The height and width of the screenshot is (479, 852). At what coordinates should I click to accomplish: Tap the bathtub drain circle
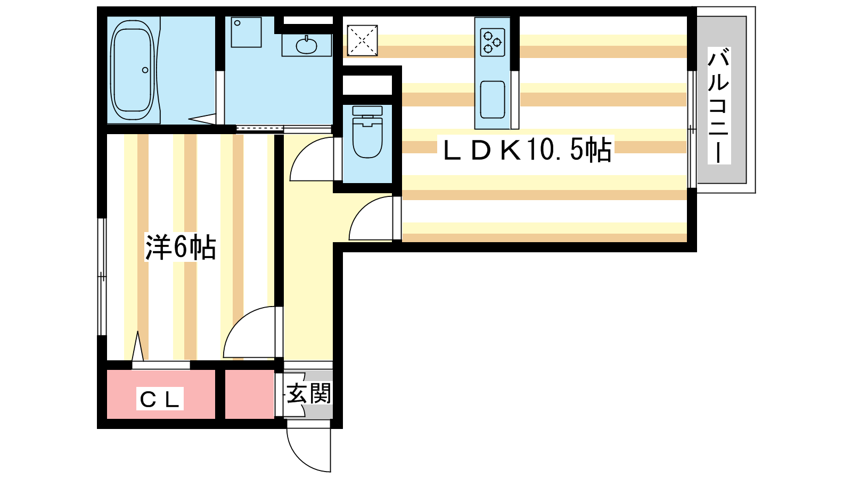(145, 70)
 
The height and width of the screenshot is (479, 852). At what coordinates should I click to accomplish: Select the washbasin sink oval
(306, 46)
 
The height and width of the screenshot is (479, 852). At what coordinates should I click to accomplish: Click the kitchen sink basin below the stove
(493, 99)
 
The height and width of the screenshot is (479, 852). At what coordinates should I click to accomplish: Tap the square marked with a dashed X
(362, 40)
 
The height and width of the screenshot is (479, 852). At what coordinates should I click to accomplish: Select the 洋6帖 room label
(181, 247)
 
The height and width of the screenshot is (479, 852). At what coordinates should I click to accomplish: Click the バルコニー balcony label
(718, 105)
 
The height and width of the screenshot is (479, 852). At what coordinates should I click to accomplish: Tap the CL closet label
(160, 399)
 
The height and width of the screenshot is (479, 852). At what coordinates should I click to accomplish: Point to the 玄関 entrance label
(308, 393)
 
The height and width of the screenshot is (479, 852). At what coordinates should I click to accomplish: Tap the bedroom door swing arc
(236, 319)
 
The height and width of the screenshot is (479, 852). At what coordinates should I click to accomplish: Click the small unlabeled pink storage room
(250, 394)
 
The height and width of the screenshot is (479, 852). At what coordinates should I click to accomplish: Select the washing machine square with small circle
(246, 32)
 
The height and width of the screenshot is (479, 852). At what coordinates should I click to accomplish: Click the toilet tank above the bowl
(367, 111)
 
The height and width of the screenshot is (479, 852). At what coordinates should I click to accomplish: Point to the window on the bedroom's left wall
(102, 277)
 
